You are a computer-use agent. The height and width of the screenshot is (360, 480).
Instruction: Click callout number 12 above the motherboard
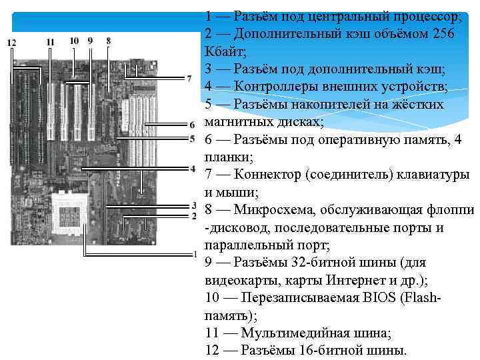tap(11, 42)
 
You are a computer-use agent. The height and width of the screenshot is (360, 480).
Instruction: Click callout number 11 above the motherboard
tap(51, 41)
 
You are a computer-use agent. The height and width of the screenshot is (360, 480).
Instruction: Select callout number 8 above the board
tap(109, 41)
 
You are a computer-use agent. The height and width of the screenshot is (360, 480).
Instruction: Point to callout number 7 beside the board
tap(189, 79)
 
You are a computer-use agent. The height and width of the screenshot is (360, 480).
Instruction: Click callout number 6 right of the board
tap(191, 125)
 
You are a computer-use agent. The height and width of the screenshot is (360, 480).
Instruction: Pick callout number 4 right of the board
tap(191, 169)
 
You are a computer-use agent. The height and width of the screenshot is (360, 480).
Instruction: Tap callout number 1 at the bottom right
tap(194, 254)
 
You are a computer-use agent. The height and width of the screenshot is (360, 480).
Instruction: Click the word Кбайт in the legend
tap(225, 51)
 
